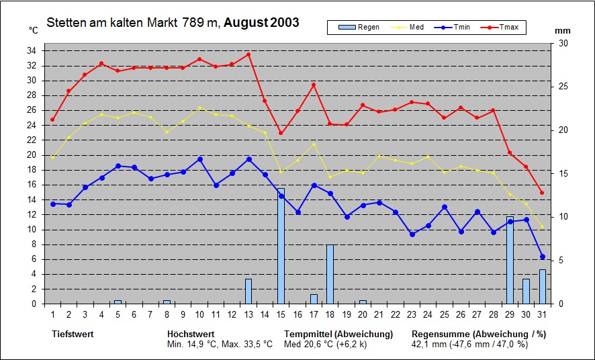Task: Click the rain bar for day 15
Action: pos(281,246)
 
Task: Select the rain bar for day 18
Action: pos(330,274)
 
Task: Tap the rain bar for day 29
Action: pos(510,261)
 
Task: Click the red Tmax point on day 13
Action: pos(248,54)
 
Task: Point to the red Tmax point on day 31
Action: pos(542,193)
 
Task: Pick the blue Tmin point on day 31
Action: pos(542,257)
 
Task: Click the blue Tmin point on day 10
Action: pos(199,159)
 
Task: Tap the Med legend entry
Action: pos(409,28)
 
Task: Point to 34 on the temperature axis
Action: pos(32,51)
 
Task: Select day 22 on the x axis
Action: pos(395,314)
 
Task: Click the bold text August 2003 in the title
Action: pos(261,23)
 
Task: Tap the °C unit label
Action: pos(34,30)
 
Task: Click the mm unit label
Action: pos(563,31)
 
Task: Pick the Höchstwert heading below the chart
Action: pos(191,334)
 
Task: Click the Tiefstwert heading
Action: pos(73,334)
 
